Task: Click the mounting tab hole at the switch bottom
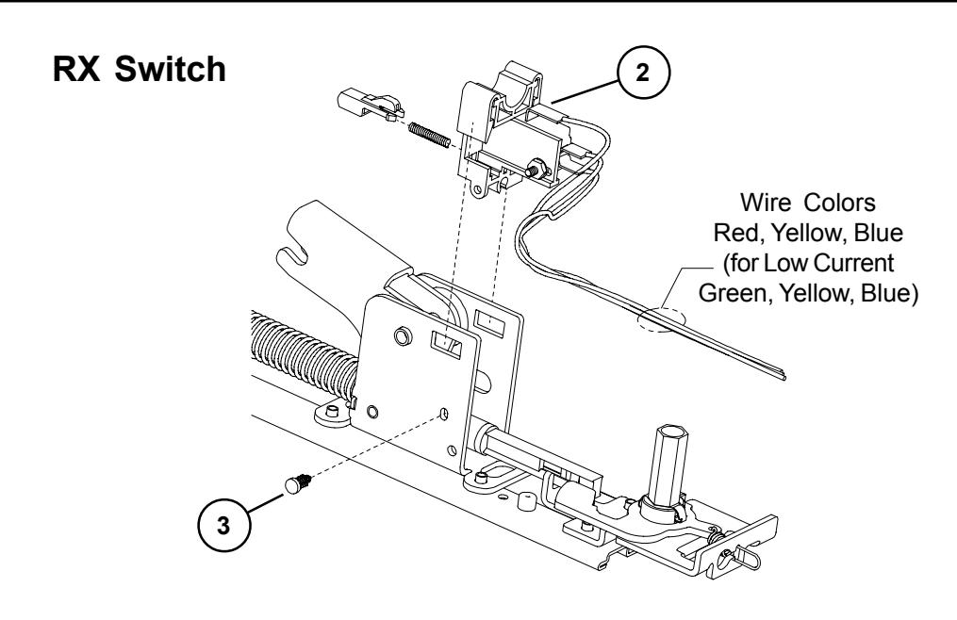pos(480,192)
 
